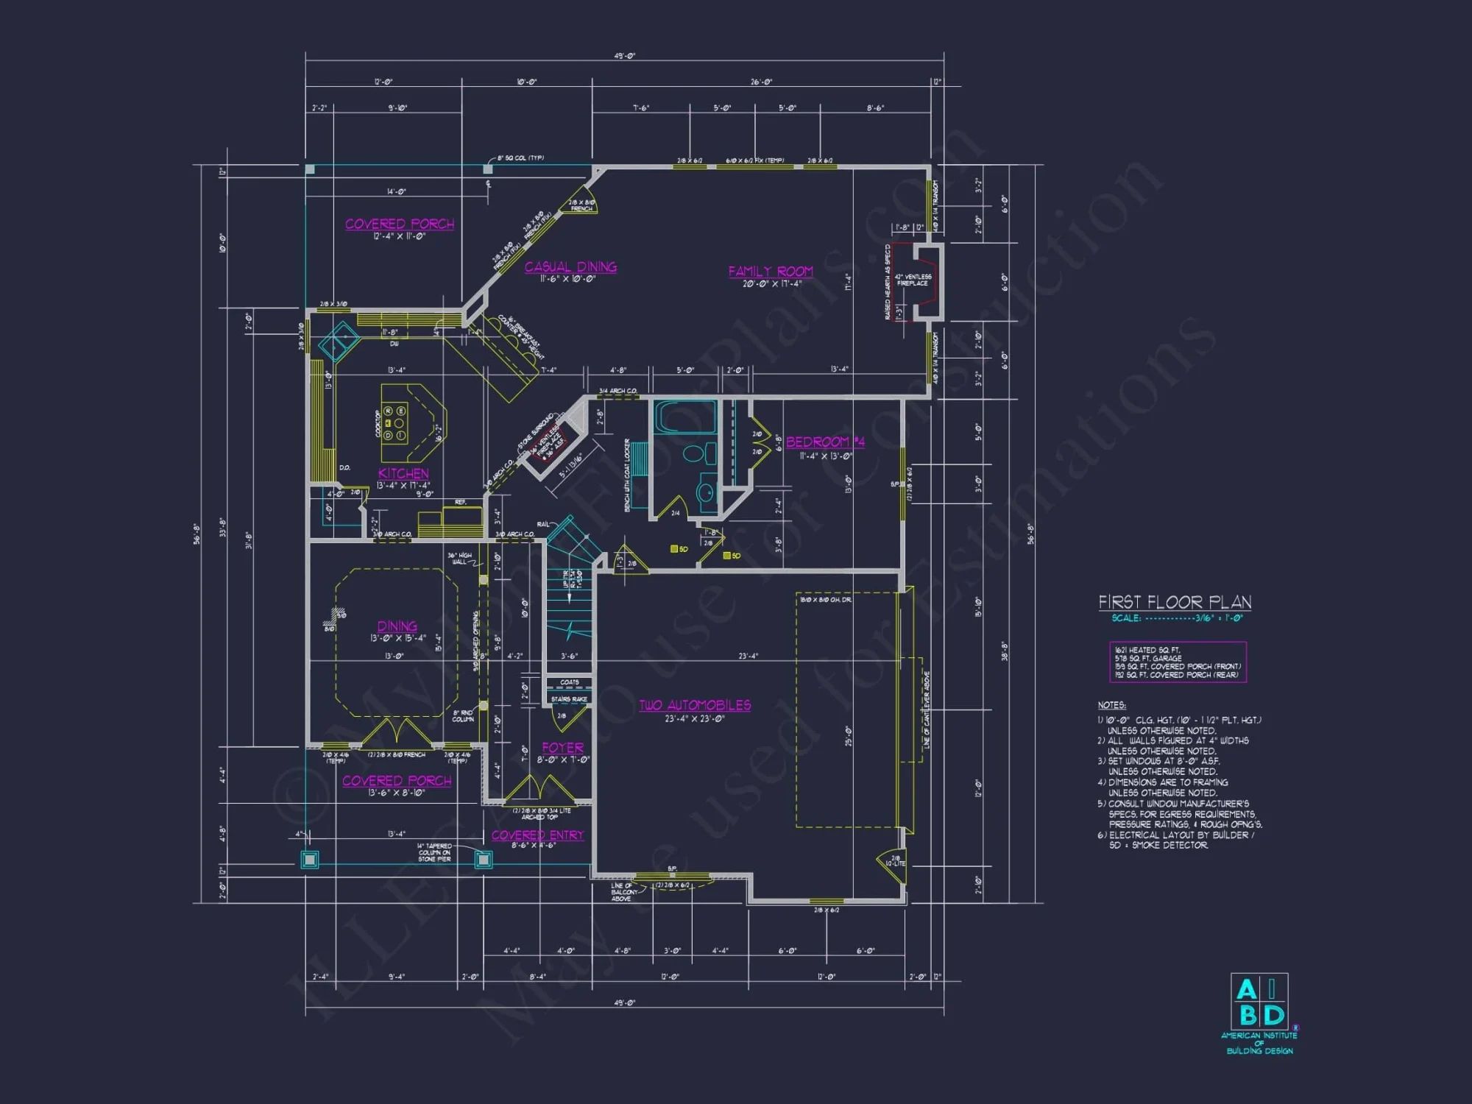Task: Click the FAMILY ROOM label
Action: click(x=771, y=272)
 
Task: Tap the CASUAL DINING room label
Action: click(x=570, y=267)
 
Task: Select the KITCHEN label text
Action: click(x=403, y=473)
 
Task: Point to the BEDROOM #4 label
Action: click(x=825, y=442)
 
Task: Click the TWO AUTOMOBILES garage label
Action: click(x=695, y=705)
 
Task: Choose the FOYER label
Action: click(x=563, y=748)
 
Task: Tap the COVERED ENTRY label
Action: click(x=537, y=835)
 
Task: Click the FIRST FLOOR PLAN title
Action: click(x=1175, y=602)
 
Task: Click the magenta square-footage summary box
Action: click(x=1178, y=662)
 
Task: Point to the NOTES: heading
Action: click(x=1111, y=705)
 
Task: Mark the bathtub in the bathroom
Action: click(x=684, y=418)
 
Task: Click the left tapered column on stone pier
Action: click(x=310, y=859)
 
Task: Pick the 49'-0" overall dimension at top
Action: click(x=624, y=56)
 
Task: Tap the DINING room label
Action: click(x=397, y=626)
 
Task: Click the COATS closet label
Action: click(x=569, y=682)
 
